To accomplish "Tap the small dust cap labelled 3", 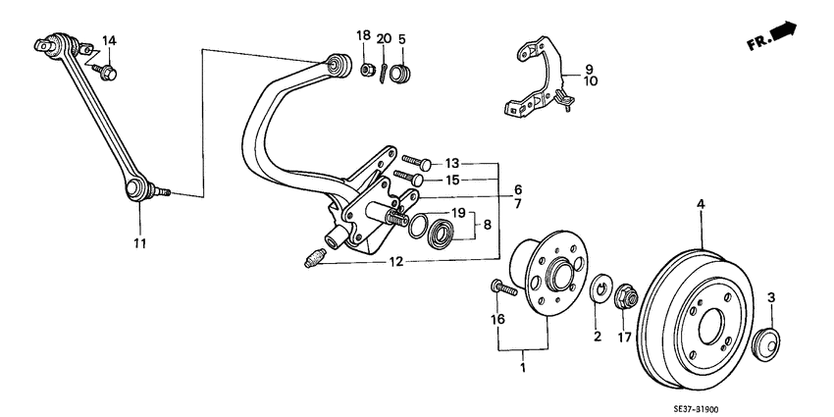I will click(766, 344).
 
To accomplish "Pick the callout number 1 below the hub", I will click(523, 368).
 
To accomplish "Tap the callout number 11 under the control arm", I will click(139, 241).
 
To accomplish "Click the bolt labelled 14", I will click(107, 72).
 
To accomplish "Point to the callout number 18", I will click(363, 35).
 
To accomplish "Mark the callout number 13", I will click(451, 163).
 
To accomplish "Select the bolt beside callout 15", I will click(409, 178).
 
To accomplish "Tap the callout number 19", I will click(457, 213).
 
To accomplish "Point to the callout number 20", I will click(384, 37).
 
